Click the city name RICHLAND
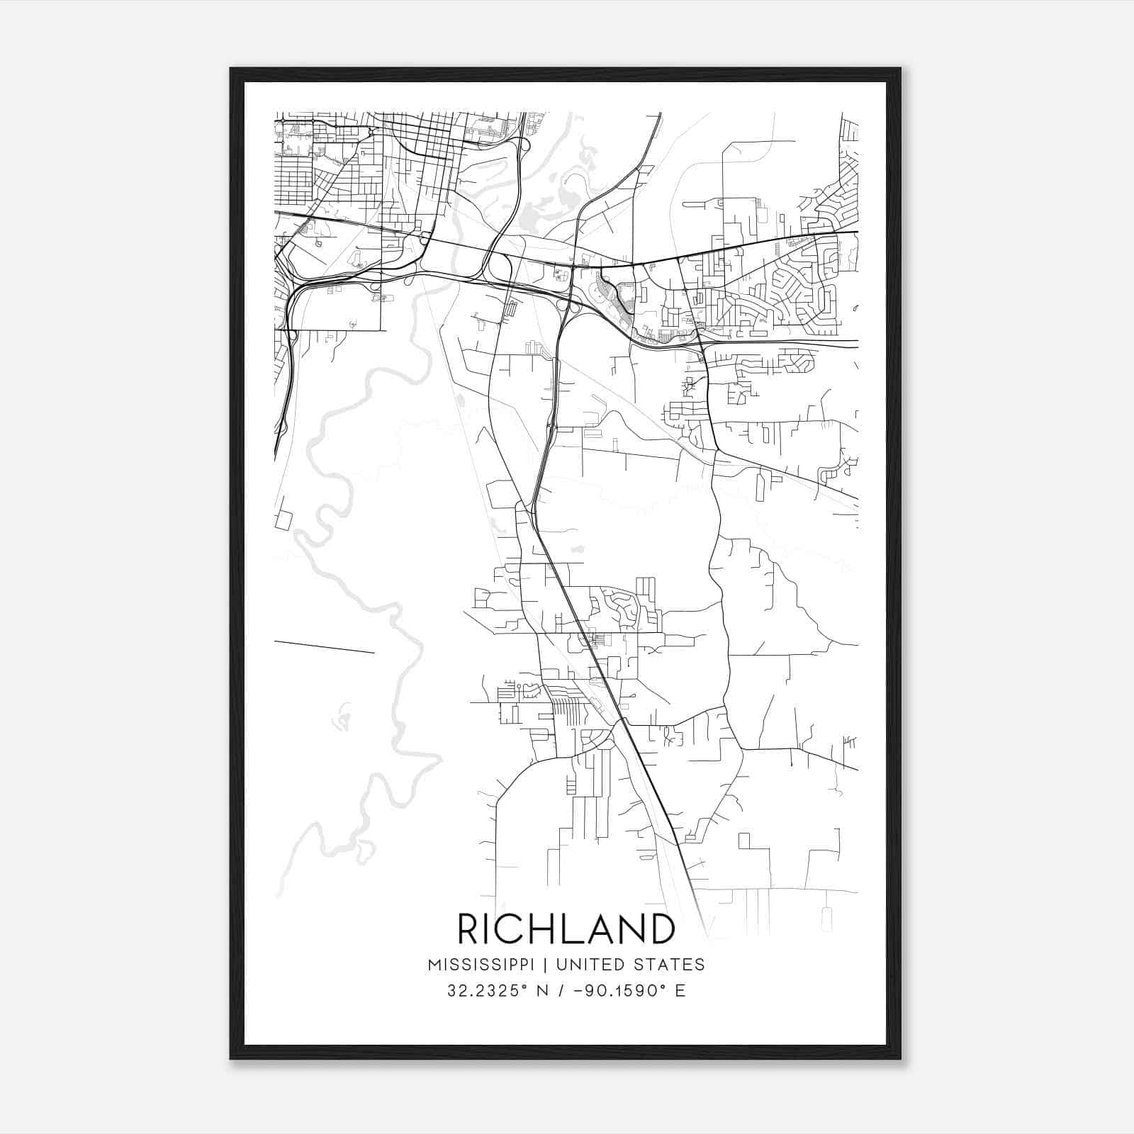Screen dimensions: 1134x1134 tap(566, 928)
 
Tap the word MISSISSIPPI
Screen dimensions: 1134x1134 tap(485, 965)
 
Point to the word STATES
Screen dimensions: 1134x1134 tap(668, 965)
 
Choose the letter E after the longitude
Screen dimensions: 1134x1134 tap(680, 991)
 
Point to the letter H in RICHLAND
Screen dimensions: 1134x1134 tap(542, 928)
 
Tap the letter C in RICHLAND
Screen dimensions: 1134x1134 tap(512, 928)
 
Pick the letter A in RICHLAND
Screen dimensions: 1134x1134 tap(600, 928)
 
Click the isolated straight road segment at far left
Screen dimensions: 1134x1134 tap(324, 646)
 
